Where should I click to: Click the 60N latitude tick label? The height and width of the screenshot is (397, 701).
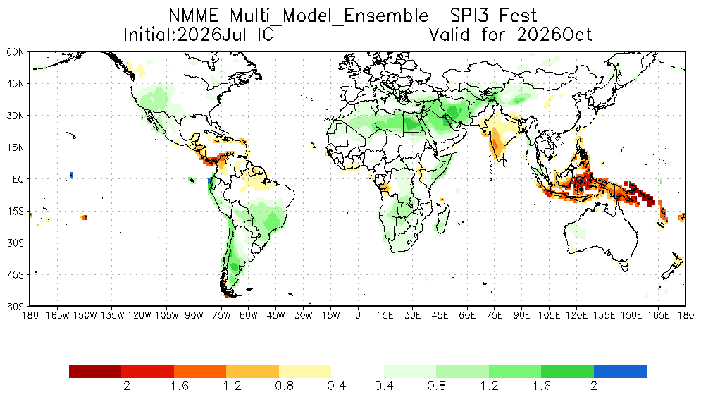[15, 52]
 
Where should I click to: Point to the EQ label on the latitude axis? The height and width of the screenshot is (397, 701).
[18, 180]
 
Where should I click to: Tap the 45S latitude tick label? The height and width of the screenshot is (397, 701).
[15, 275]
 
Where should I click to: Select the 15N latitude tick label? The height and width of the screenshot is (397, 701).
[15, 147]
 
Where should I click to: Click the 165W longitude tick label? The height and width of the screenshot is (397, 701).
[58, 315]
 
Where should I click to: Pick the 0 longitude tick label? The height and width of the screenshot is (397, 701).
[358, 315]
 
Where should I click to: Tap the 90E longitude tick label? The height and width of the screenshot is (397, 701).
[522, 315]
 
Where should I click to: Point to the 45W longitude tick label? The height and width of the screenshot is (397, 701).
[276, 315]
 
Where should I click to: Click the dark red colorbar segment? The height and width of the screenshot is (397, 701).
[95, 372]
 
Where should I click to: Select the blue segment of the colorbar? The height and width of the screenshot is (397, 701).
[620, 372]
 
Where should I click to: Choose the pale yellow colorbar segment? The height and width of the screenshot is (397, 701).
[305, 372]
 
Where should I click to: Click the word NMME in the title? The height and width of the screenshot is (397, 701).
[194, 16]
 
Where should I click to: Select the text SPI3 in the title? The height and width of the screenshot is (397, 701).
[469, 16]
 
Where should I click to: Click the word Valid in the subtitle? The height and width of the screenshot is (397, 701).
[449, 35]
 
